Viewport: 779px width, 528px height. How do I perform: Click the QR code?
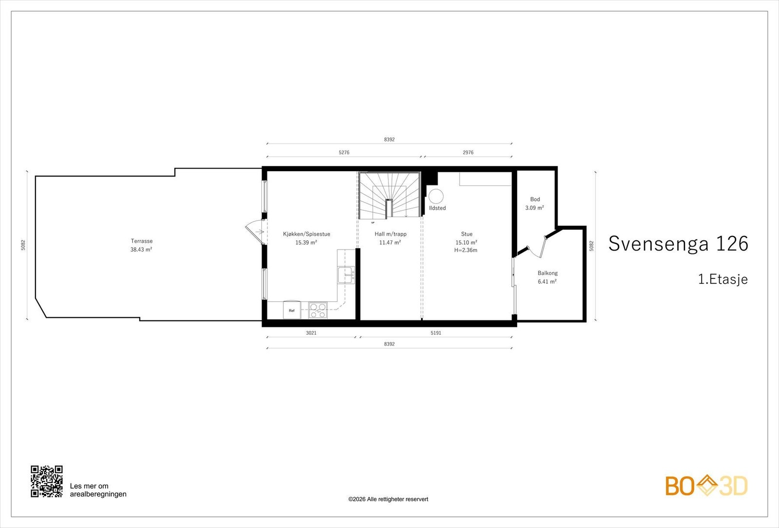pyautogui.click(x=47, y=481)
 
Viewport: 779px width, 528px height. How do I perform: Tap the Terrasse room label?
pyautogui.click(x=142, y=241)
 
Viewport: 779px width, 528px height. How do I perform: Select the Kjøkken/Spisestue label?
pyautogui.click(x=306, y=234)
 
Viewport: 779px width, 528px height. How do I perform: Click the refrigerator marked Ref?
pyautogui.click(x=292, y=310)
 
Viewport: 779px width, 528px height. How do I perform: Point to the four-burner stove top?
pyautogui.click(x=318, y=310)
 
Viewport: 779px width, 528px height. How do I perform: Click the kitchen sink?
pyautogui.click(x=346, y=275)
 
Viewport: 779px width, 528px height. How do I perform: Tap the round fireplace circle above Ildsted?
pyautogui.click(x=436, y=197)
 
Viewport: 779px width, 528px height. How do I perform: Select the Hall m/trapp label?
pyautogui.click(x=390, y=234)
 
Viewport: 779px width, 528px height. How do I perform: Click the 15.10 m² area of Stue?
pyautogui.click(x=466, y=242)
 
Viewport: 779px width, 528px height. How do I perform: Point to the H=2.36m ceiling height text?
pyautogui.click(x=465, y=250)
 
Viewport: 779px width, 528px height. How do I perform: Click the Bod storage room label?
pyautogui.click(x=535, y=199)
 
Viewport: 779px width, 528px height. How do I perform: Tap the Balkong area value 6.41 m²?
pyautogui.click(x=547, y=282)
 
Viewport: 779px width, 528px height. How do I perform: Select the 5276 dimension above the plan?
pyautogui.click(x=344, y=152)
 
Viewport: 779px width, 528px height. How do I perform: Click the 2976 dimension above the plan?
pyautogui.click(x=468, y=152)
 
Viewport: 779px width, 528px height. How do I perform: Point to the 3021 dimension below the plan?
pyautogui.click(x=311, y=333)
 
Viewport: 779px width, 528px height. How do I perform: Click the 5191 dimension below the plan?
pyautogui.click(x=436, y=333)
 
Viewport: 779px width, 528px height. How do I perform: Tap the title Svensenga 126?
pyautogui.click(x=678, y=243)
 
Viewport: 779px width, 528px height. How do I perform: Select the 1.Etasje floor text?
pyautogui.click(x=723, y=279)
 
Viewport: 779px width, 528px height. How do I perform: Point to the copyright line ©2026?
pyautogui.click(x=389, y=499)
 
